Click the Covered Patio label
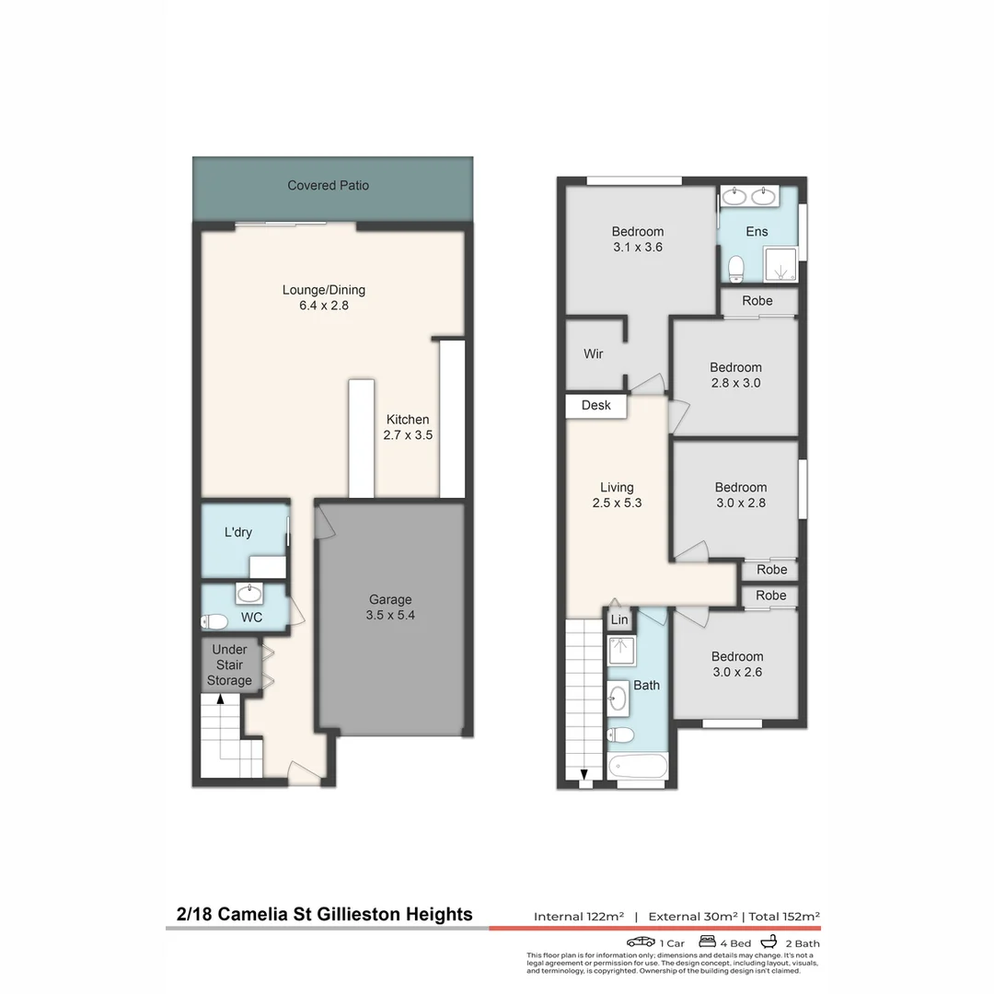click(x=328, y=185)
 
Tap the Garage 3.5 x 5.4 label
click(x=390, y=607)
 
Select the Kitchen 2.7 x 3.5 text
click(x=407, y=427)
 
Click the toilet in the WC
click(x=214, y=621)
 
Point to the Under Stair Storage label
click(x=229, y=665)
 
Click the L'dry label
click(x=237, y=532)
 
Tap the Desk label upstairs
click(x=596, y=405)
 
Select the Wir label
click(x=594, y=353)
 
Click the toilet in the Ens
click(x=735, y=268)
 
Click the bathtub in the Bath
click(x=637, y=766)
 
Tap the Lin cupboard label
click(x=619, y=620)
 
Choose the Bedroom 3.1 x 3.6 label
click(x=637, y=239)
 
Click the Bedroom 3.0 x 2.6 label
click(x=736, y=665)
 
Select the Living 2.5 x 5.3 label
click(x=617, y=495)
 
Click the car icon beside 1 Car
click(x=641, y=942)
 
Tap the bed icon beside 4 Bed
click(x=708, y=942)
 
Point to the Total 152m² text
click(x=784, y=917)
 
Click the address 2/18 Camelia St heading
click(x=324, y=914)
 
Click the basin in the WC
click(x=249, y=593)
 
